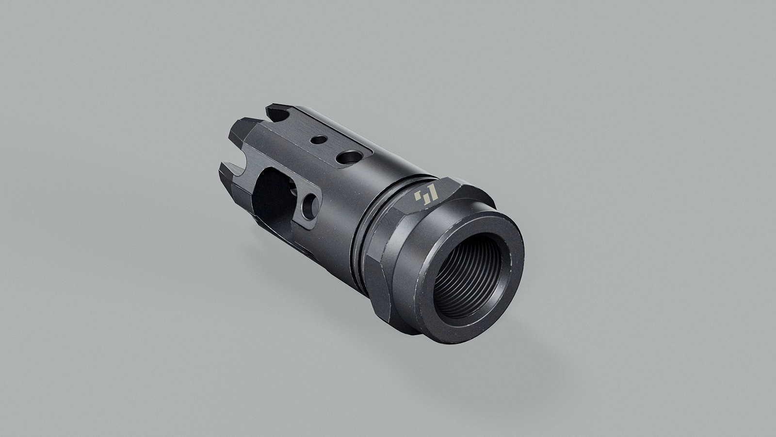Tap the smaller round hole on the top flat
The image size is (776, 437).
[318, 140]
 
